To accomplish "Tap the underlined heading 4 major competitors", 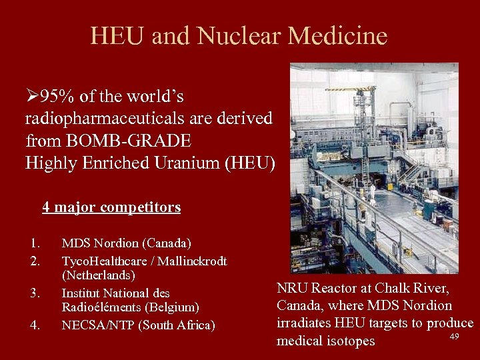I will click(111, 207).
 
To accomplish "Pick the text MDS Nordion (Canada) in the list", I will click(126, 243).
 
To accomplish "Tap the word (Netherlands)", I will click(99, 275).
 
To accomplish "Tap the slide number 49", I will click(455, 336).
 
